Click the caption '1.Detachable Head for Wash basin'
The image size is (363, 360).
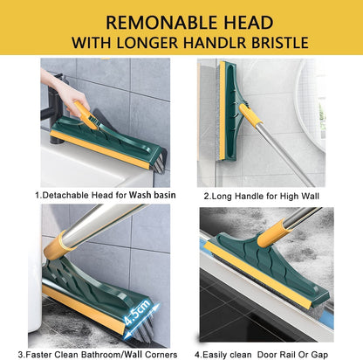[x=105, y=194]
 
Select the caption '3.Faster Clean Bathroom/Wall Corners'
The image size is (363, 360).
[x=105, y=354]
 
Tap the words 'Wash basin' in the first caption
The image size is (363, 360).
[x=152, y=194]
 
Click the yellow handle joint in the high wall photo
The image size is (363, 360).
[x=250, y=114]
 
